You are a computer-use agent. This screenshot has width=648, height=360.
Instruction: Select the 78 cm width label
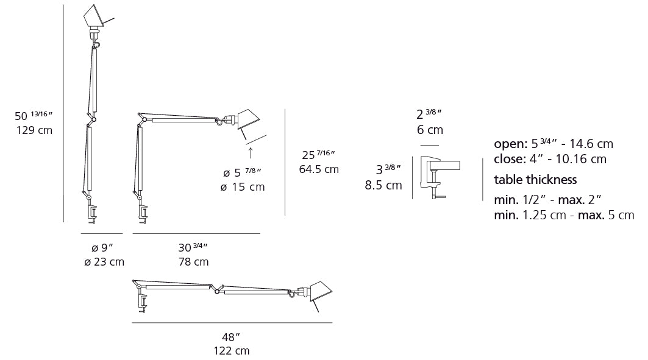tap(193, 262)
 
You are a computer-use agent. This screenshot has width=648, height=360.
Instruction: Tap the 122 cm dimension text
tap(231, 351)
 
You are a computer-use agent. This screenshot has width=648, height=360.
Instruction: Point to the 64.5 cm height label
tap(319, 169)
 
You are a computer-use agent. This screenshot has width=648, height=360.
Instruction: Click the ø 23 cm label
tap(104, 262)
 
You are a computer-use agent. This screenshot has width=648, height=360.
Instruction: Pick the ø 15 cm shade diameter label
tap(243, 187)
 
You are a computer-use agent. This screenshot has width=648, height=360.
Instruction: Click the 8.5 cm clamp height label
tap(383, 185)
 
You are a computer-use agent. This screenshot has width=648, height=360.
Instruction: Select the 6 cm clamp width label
tap(430, 130)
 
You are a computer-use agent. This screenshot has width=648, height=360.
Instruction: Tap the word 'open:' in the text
tap(510, 144)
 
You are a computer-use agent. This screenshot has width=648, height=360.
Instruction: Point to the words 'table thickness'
tap(535, 180)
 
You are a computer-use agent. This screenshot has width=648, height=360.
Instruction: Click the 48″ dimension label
tap(231, 337)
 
